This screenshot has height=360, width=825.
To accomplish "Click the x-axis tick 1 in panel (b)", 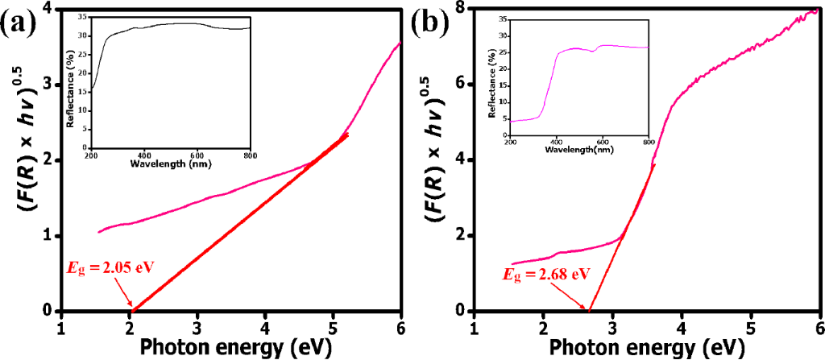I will tap(474, 329).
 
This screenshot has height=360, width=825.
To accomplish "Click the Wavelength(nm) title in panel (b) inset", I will tap(579, 151).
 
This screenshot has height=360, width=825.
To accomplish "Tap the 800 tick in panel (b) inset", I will tap(649, 142).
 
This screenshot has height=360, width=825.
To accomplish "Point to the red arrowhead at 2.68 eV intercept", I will tap(587, 308).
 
